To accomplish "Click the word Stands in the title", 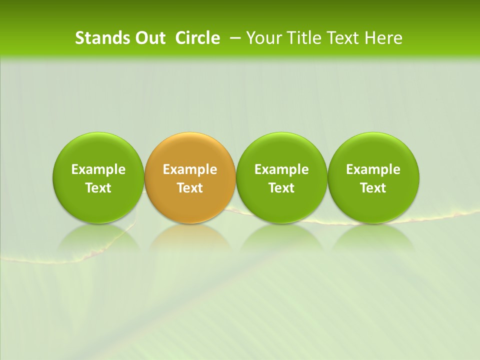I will coord(102,38).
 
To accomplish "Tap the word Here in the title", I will coord(383,38).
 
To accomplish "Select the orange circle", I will coord(190,150).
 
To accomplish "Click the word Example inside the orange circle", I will coord(190,169).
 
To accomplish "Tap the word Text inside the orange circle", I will coord(190,188).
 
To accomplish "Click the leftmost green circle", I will coord(98,150).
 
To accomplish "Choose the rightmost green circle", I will coord(373,150).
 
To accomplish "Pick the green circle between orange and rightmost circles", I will coord(281,150).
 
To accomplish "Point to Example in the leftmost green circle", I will coord(98,169).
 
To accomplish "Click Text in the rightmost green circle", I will coord(373,188).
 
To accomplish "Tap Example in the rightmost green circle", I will coord(373,169).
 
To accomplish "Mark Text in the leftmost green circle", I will coord(98,188).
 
